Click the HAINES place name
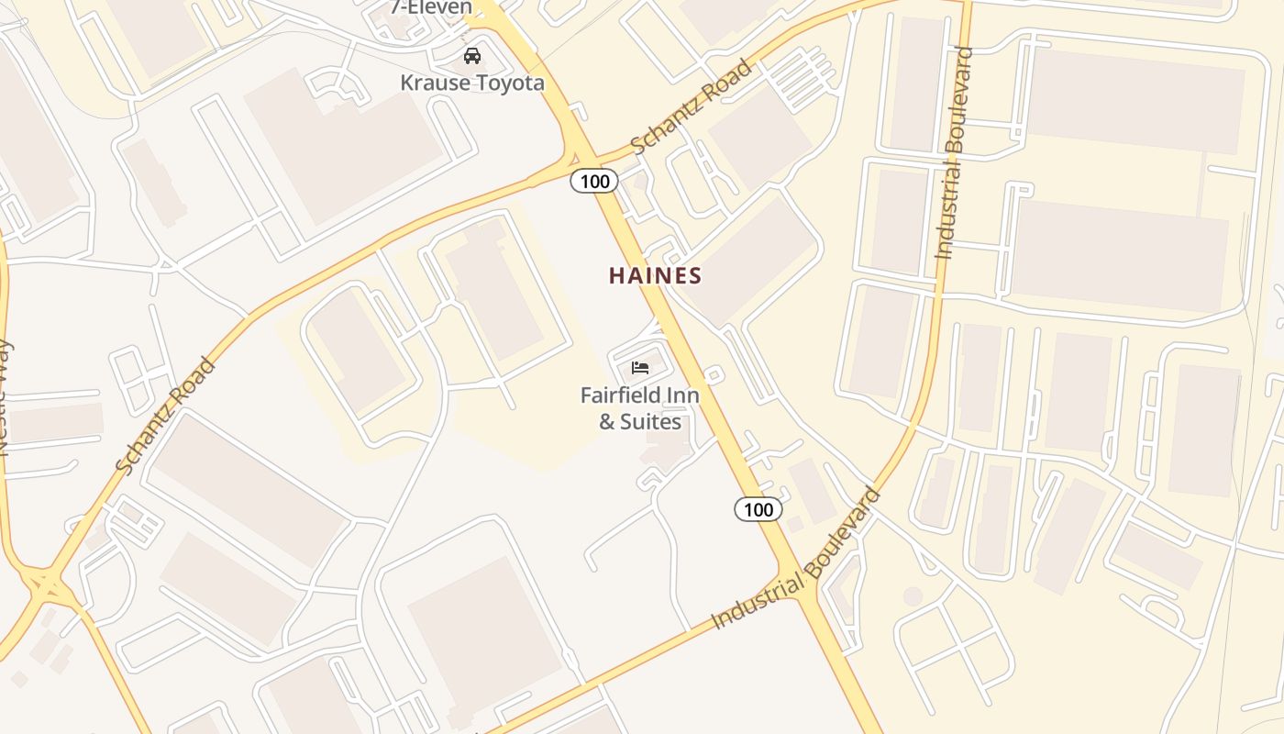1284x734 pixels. tap(656, 275)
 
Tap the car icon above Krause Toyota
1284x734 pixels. tap(472, 56)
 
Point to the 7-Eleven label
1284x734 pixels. tap(431, 7)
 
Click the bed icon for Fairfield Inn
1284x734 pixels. tap(640, 368)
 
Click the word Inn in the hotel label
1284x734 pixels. tap(684, 395)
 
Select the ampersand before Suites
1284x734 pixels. tap(607, 422)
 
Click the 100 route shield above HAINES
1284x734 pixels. tap(594, 181)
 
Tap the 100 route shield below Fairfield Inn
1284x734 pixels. tap(758, 508)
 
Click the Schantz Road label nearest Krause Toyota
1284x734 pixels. tap(692, 107)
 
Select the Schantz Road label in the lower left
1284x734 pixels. tap(166, 416)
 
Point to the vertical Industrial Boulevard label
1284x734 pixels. tap(955, 152)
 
